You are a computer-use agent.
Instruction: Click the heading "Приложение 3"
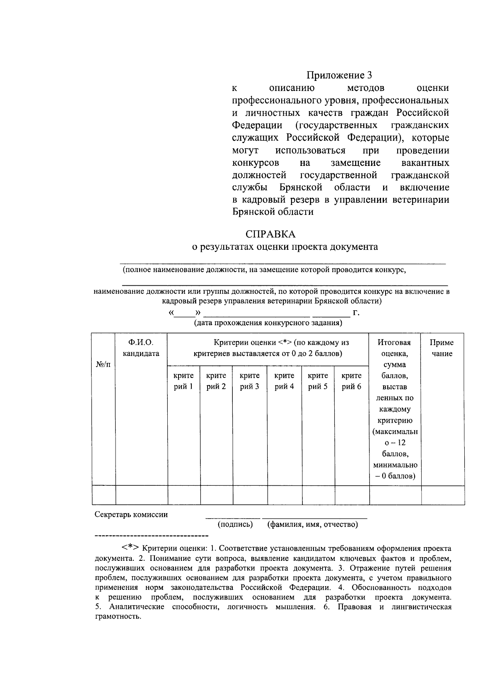pyautogui.click(x=339, y=75)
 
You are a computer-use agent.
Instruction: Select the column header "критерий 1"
pyautogui.click(x=183, y=381)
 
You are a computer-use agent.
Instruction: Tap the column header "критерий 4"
pyautogui.click(x=284, y=381)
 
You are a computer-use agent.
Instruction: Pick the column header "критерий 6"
pyautogui.click(x=351, y=381)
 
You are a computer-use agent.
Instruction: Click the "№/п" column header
pyautogui.click(x=103, y=364)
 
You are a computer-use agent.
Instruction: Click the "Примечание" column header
pyautogui.click(x=442, y=348)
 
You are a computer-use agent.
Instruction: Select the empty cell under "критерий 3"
pyautogui.click(x=250, y=495)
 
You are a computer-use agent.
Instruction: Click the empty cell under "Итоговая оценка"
pyautogui.click(x=395, y=495)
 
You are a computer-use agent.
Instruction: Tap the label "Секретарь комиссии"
pyautogui.click(x=131, y=515)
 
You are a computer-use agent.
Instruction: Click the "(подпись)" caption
pyautogui.click(x=235, y=525)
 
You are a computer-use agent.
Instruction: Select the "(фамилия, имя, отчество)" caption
pyautogui.click(x=313, y=525)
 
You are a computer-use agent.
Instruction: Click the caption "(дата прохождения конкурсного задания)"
pyautogui.click(x=268, y=323)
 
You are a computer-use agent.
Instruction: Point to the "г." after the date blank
pyautogui.click(x=356, y=313)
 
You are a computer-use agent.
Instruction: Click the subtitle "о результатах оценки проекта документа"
pyautogui.click(x=284, y=247)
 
